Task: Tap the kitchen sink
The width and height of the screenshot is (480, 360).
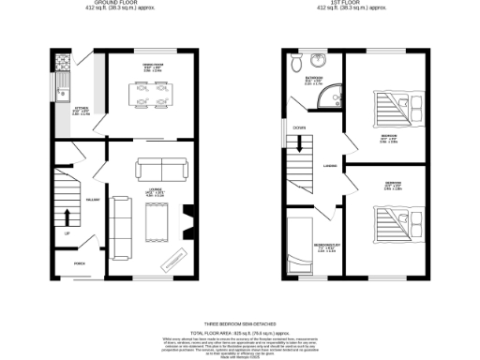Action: point(63,90)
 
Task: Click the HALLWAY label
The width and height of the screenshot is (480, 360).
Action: point(93,200)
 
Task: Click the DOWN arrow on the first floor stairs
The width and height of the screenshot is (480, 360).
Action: point(299,142)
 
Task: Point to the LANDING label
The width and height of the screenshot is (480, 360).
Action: point(330,167)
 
